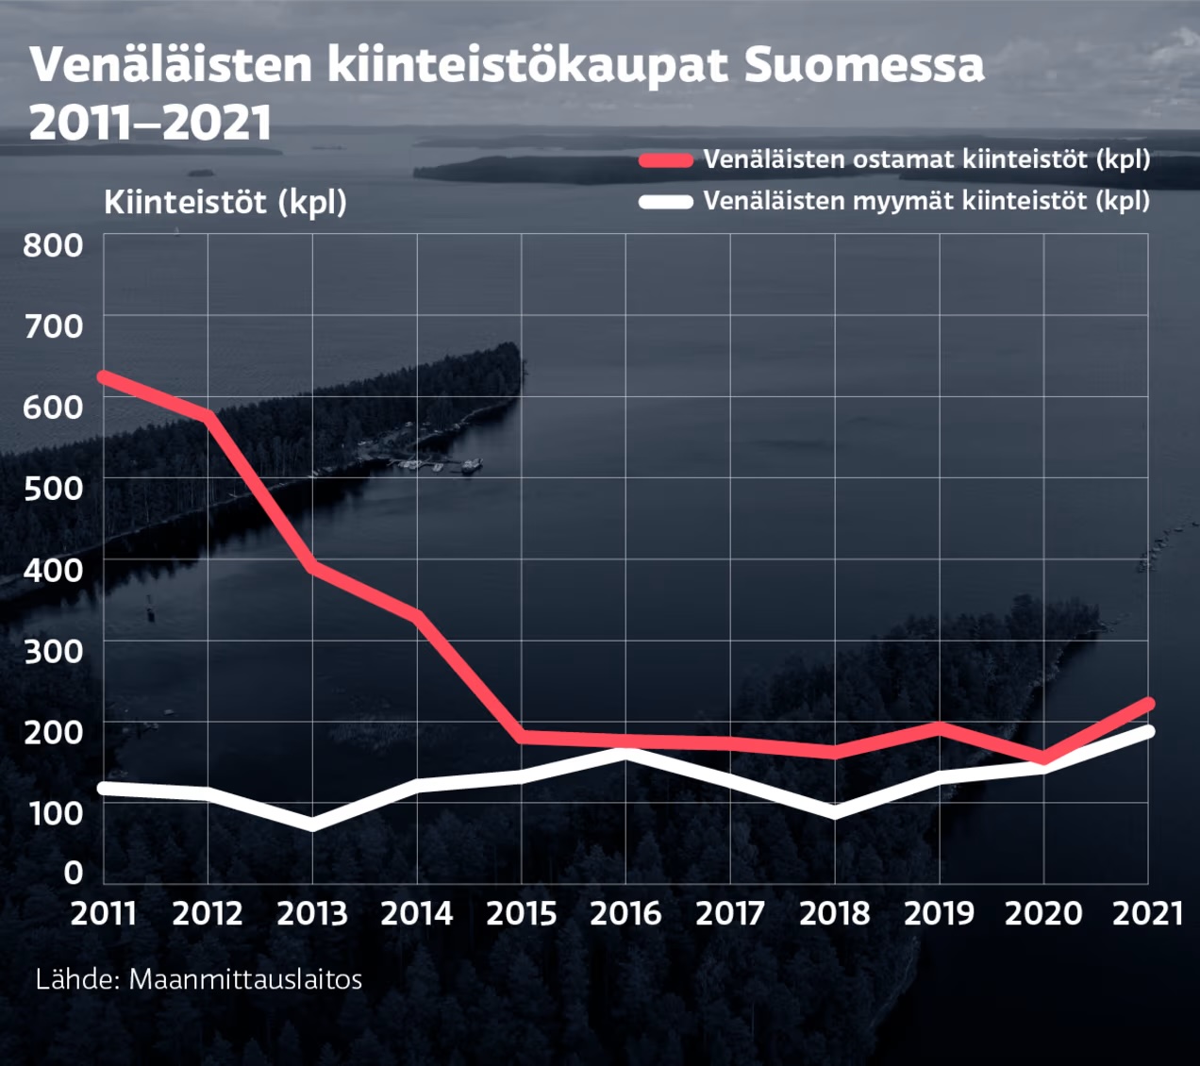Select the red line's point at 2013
point(312,566)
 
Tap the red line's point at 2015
point(522,736)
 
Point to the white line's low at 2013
point(312,825)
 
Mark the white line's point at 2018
point(835,812)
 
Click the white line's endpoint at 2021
point(1147,731)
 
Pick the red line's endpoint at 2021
point(1147,704)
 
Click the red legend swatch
point(665,159)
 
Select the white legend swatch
point(665,201)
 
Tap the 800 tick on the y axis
point(54,245)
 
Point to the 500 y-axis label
point(54,488)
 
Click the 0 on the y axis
point(74,872)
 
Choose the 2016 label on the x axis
point(625,913)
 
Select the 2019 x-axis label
point(939,913)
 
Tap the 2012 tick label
point(208,913)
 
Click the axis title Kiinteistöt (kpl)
point(225,202)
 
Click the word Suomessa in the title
point(863,65)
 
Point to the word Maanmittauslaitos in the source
point(245,979)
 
